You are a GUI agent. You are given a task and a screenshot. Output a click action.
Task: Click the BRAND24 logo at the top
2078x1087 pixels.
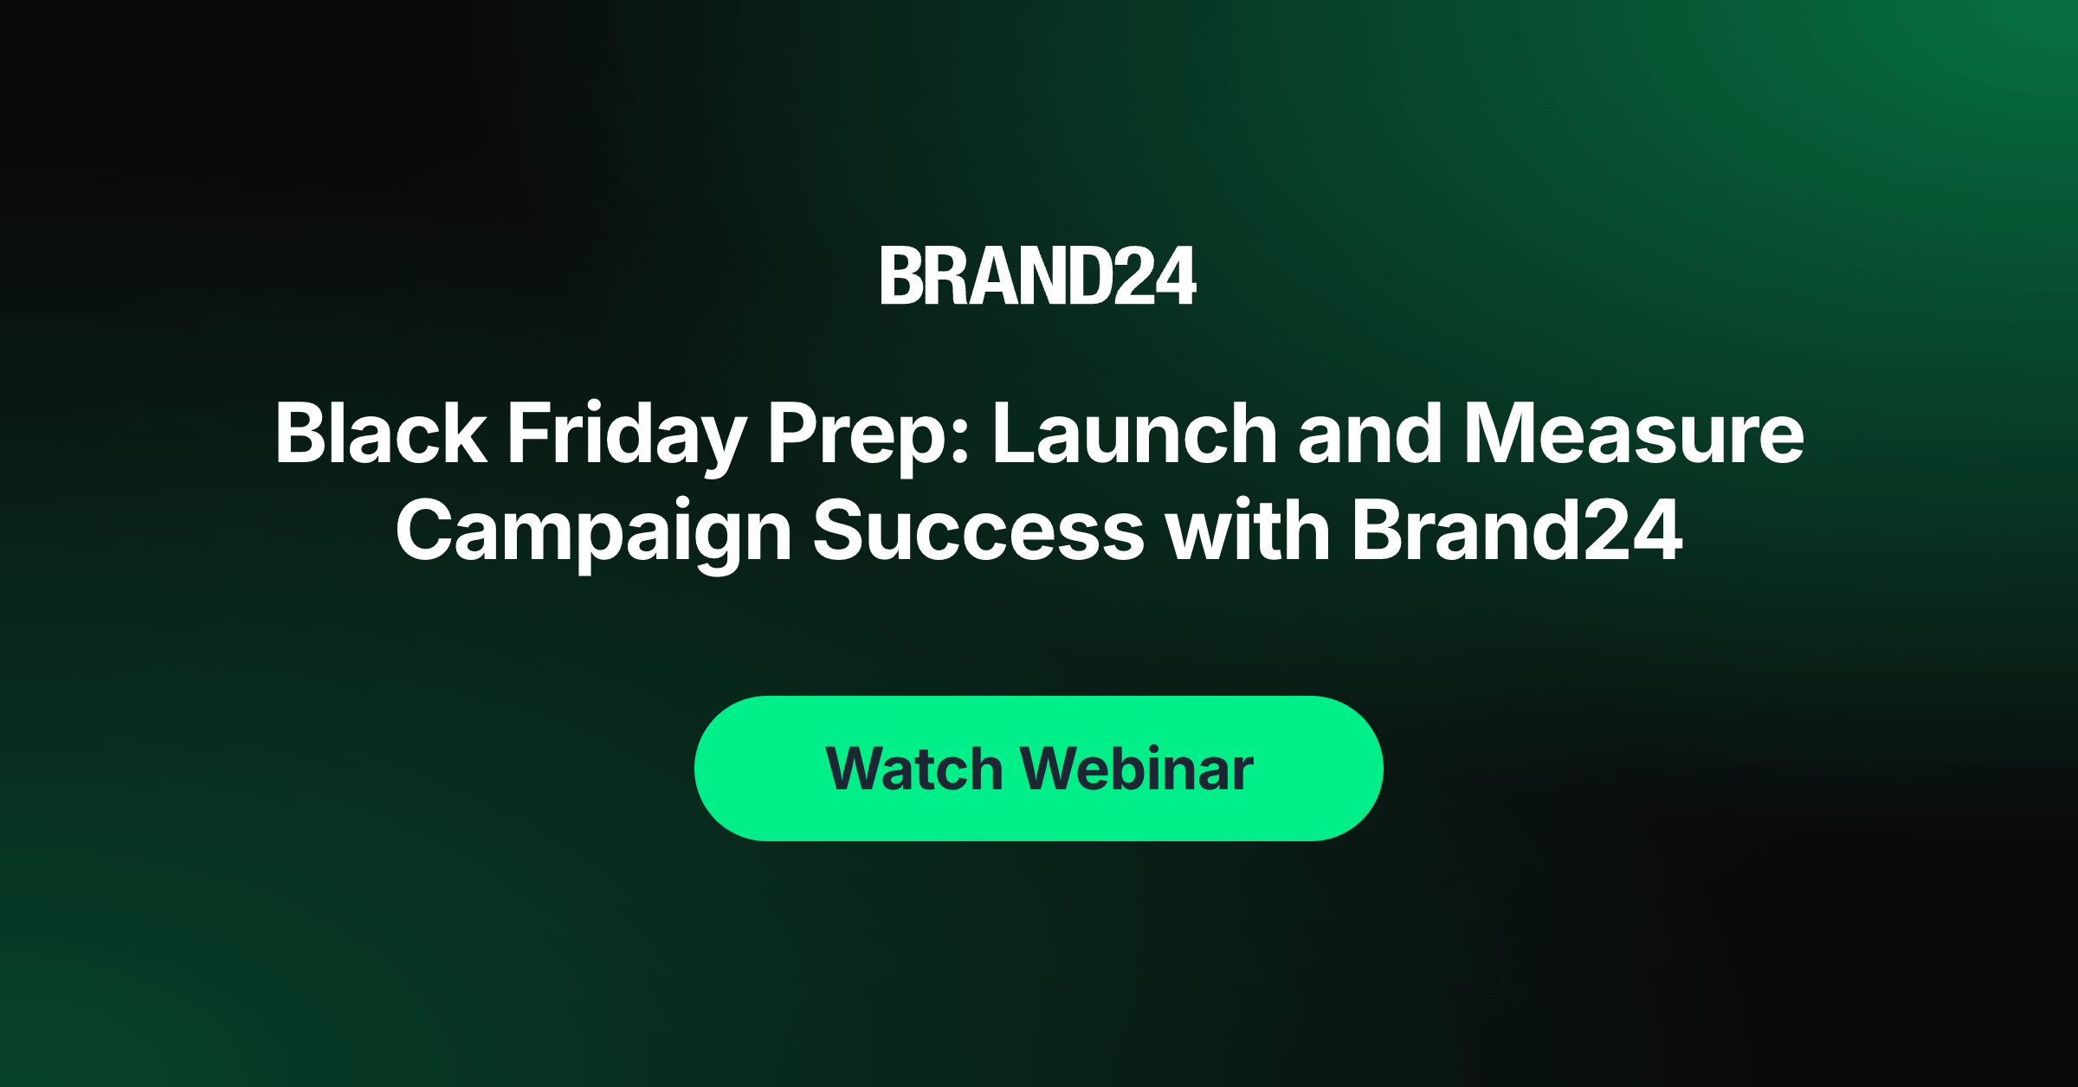click(1038, 276)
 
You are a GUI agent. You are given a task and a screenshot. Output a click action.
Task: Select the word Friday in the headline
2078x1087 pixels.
click(626, 437)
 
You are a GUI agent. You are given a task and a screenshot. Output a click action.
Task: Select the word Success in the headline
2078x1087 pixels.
click(979, 530)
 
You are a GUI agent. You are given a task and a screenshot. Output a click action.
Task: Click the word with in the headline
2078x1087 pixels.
click(1248, 530)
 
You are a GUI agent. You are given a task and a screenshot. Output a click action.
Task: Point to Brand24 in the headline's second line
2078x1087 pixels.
click(1518, 530)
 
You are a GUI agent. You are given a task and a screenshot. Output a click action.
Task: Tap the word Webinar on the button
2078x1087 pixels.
click(1137, 769)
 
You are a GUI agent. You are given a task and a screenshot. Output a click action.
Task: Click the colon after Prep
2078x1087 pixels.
click(959, 442)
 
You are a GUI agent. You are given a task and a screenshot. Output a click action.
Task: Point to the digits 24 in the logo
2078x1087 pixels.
click(1154, 276)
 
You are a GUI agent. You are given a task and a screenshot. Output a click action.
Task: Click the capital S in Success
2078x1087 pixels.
click(840, 530)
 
